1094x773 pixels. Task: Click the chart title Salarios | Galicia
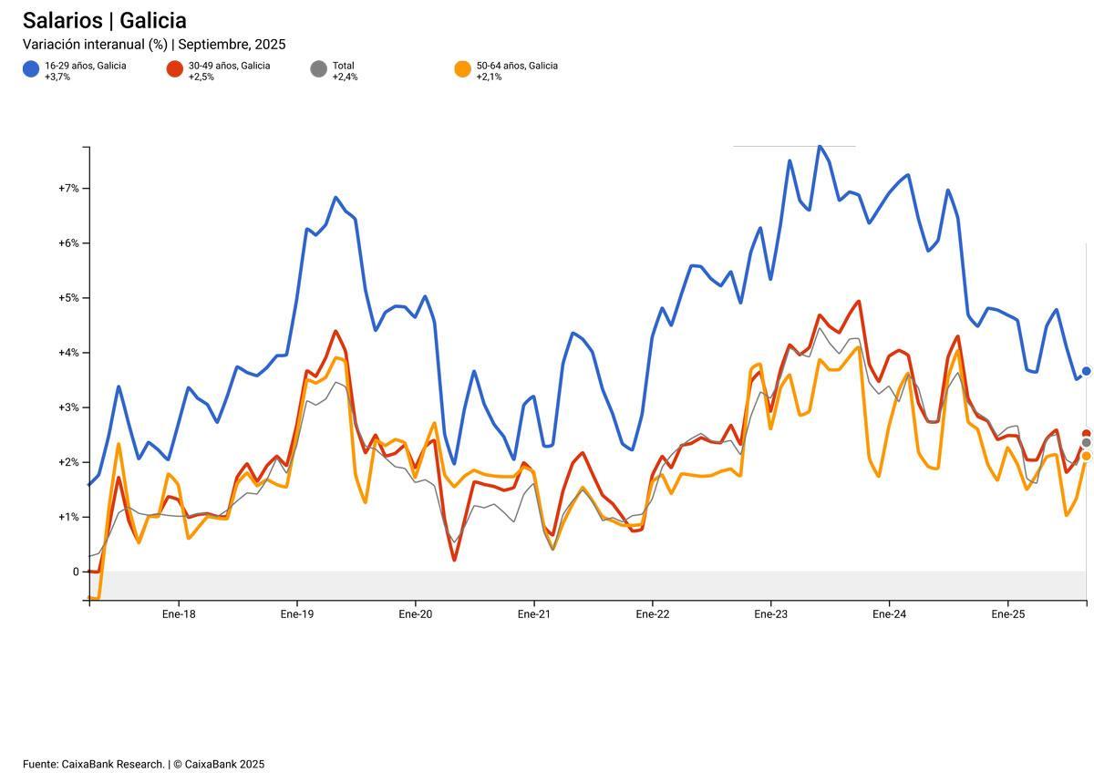point(104,21)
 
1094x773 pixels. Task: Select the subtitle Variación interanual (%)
point(96,45)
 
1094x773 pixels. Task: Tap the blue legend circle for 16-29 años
point(31,69)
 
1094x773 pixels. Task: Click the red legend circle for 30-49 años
point(175,69)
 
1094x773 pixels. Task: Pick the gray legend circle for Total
point(318,69)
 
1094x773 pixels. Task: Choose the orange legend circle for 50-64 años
point(462,69)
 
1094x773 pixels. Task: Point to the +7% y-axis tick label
point(68,189)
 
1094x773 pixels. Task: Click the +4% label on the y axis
point(68,353)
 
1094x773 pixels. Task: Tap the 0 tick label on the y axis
point(77,572)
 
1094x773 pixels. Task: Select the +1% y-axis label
point(68,517)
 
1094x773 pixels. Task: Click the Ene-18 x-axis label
point(179,614)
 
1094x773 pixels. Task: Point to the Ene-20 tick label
point(415,614)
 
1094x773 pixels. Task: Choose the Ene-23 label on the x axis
point(770,614)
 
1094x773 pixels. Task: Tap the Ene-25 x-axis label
point(1007,614)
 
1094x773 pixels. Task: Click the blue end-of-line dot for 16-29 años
point(1086,371)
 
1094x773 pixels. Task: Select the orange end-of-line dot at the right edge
point(1086,456)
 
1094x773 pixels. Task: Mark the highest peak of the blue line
point(820,146)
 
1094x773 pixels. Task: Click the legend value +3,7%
point(57,77)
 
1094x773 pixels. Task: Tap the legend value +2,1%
point(489,77)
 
